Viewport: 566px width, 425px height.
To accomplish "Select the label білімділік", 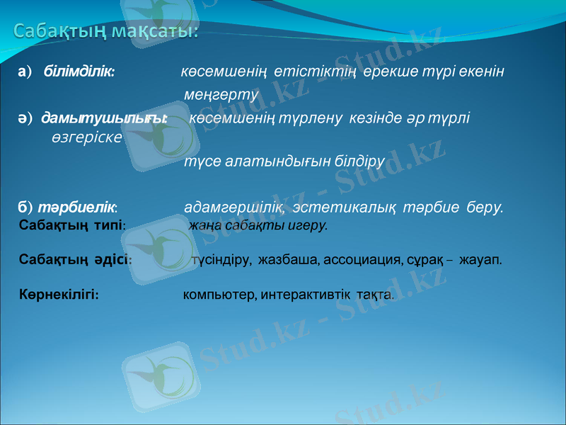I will (80, 72).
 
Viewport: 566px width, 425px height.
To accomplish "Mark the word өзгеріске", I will (86, 136).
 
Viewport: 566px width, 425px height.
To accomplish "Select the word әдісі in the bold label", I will (112, 260).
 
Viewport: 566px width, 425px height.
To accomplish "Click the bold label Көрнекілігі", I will (59, 294).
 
